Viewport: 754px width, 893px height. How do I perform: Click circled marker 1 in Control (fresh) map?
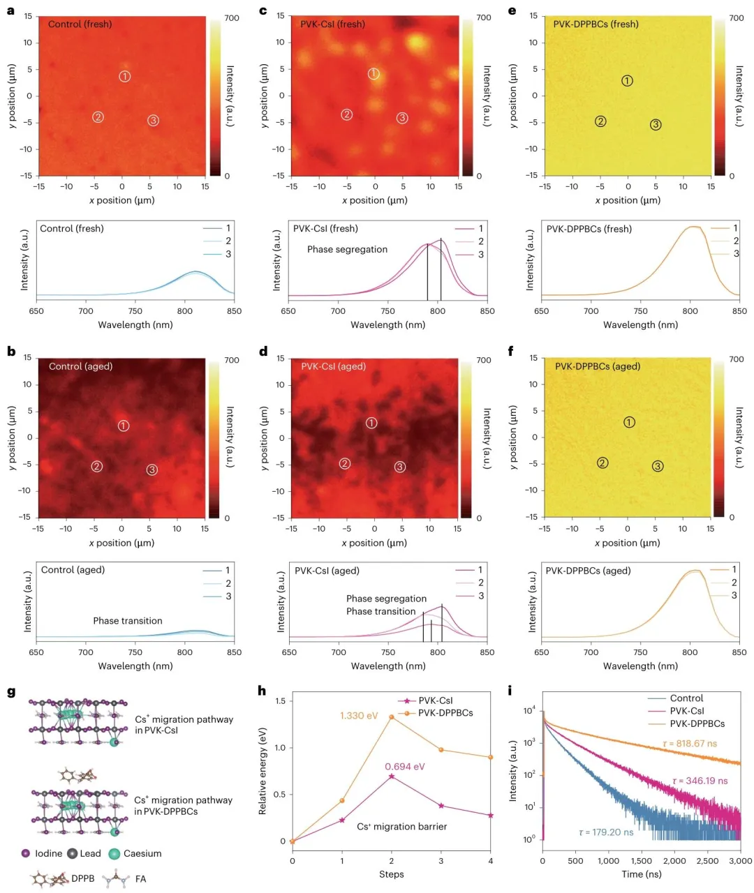[124, 76]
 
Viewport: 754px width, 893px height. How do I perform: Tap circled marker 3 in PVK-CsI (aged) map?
[399, 467]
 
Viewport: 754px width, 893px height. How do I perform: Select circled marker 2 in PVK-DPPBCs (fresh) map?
[600, 121]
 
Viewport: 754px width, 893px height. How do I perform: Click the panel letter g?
[11, 691]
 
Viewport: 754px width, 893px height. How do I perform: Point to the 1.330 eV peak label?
[359, 716]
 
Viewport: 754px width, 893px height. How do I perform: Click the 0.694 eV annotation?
[405, 767]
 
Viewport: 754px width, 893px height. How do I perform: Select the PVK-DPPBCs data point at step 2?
[392, 717]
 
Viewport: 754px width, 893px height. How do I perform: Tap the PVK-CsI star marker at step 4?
[491, 815]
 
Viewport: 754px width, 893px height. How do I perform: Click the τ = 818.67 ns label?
[690, 744]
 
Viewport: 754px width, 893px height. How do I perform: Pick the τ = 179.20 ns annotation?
[606, 832]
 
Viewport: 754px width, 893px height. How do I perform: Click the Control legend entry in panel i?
[686, 698]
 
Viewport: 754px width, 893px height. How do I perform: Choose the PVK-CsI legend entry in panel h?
[436, 700]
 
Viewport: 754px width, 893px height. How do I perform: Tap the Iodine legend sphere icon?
[26, 853]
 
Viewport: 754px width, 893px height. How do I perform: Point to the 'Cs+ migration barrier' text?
[401, 827]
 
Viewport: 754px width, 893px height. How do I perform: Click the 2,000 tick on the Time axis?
[674, 860]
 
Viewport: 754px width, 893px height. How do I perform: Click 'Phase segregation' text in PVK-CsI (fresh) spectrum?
[347, 249]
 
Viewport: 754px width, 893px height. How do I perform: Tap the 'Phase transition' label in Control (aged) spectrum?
[128, 621]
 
